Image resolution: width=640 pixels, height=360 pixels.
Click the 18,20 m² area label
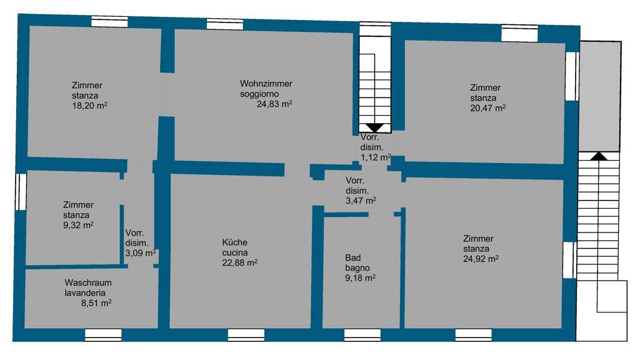point(89,106)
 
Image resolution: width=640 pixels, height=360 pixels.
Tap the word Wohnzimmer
point(266,84)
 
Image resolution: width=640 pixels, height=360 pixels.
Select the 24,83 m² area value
point(274,104)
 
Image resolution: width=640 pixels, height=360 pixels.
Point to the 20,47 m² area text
point(487,108)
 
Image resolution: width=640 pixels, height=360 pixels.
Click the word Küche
point(235,242)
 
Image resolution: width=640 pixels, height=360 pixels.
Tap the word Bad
point(353,258)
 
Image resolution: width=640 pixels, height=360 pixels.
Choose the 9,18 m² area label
point(361,278)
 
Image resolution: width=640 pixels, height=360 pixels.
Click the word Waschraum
point(88,283)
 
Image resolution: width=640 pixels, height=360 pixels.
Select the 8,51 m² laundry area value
point(96,303)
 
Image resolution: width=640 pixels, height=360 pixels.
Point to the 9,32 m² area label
point(78,225)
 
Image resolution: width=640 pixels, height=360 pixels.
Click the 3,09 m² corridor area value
point(141,253)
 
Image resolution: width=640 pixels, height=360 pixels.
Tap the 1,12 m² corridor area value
point(376,157)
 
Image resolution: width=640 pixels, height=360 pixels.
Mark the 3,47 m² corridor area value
point(361,201)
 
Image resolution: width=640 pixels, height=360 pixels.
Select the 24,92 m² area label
point(481,259)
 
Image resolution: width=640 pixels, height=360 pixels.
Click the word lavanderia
point(85,293)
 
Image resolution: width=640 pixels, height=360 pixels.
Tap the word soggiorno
point(259,94)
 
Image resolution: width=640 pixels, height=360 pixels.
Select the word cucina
point(235,252)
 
